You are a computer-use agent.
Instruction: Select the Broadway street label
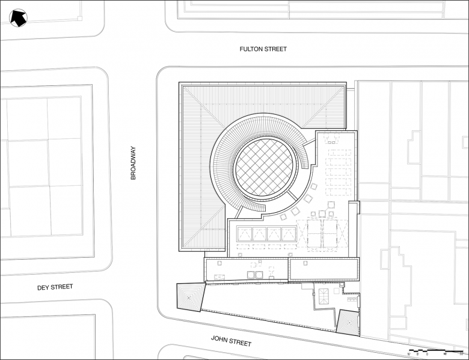[133, 163]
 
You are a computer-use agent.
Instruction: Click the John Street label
[231, 340]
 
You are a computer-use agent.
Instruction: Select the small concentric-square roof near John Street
[348, 322]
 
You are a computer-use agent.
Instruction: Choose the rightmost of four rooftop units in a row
[289, 234]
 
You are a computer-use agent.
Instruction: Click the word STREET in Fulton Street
[274, 49]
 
